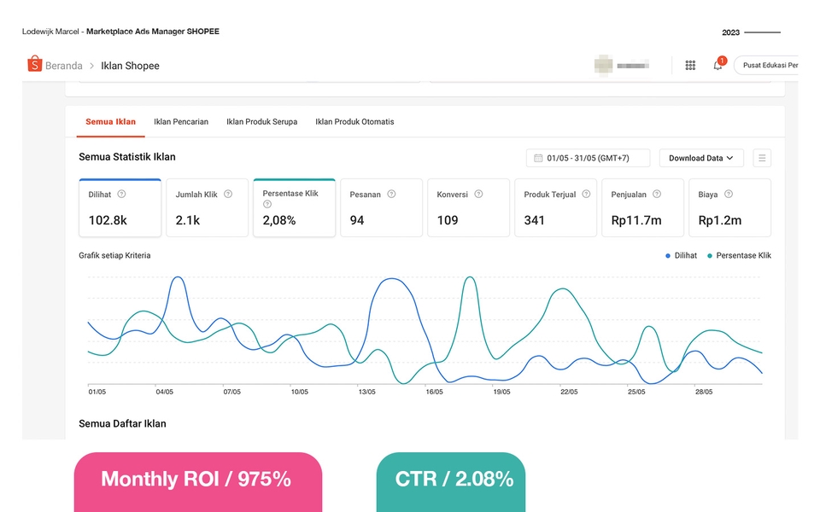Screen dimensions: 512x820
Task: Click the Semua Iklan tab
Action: (x=110, y=122)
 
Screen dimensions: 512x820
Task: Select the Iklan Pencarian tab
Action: (x=181, y=122)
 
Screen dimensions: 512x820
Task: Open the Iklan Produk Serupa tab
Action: (x=261, y=122)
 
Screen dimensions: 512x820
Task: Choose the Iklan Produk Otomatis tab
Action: (x=354, y=122)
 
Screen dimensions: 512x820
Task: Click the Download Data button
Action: (x=701, y=158)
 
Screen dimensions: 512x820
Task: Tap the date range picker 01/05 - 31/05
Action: (x=589, y=158)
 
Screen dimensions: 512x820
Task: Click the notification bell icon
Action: (x=717, y=66)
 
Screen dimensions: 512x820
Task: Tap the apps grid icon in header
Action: (x=690, y=66)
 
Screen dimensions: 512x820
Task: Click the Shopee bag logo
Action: (x=34, y=65)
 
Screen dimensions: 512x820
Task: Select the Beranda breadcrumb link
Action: (x=64, y=66)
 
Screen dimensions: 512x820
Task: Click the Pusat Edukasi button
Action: (x=768, y=66)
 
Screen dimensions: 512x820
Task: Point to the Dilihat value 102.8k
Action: (x=108, y=220)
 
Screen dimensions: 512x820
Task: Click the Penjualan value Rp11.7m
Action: (x=635, y=220)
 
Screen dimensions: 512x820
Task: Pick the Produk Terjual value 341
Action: (x=535, y=220)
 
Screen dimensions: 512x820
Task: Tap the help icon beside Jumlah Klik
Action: (x=228, y=195)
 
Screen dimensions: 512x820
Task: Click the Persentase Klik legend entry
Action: (x=740, y=255)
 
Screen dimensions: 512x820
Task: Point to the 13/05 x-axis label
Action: (x=366, y=393)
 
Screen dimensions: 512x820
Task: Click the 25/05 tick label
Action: (x=636, y=393)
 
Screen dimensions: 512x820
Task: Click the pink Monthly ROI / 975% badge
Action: (x=197, y=480)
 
